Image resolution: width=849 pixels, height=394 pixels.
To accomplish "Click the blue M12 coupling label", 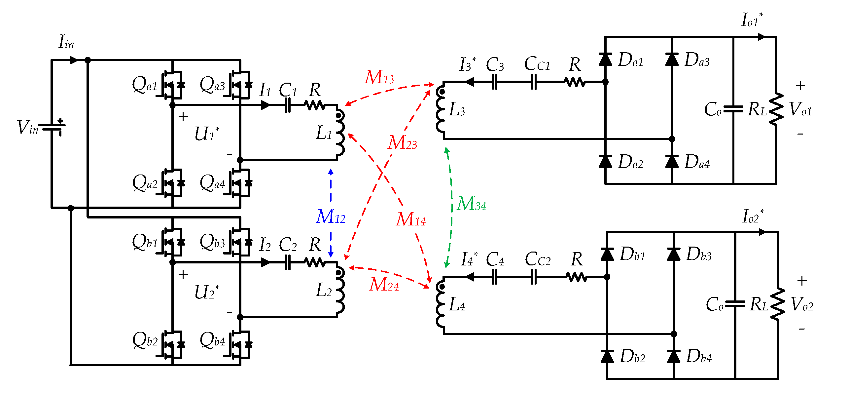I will [330, 217].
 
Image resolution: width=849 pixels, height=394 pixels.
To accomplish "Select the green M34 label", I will [471, 204].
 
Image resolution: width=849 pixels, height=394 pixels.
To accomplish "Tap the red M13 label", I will [379, 77].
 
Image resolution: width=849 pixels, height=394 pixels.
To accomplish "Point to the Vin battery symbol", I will [52, 127].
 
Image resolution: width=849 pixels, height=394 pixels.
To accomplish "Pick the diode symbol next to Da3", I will [672, 60].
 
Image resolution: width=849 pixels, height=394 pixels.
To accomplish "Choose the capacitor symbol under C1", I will [288, 105].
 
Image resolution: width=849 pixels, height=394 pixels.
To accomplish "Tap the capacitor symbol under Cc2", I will [534, 277].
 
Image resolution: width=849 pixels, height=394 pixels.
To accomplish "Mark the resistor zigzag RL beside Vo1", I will [776, 109].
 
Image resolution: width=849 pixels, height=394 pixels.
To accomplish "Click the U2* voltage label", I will [206, 292].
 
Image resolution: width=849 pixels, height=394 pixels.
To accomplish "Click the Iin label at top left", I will [66, 42].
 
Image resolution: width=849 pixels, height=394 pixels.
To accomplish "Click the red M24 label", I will [384, 285].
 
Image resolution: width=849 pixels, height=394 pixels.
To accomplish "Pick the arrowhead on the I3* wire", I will [469, 82].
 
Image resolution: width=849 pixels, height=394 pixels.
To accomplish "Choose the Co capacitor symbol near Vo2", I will [735, 304].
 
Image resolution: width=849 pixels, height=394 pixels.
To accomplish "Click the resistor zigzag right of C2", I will [314, 263].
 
